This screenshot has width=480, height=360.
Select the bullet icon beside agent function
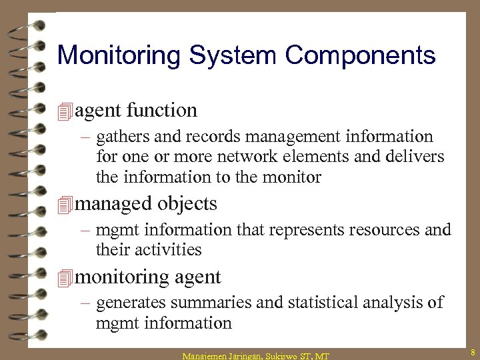[64, 111]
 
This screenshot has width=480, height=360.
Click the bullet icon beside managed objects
[64, 204]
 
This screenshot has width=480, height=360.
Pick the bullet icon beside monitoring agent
[64, 277]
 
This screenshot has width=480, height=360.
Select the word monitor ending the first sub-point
[290, 178]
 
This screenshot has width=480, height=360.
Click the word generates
[131, 303]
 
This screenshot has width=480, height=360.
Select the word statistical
[323, 303]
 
